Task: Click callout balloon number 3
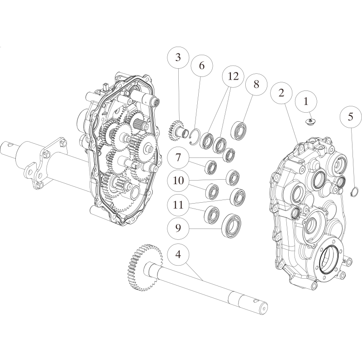[x=178, y=57]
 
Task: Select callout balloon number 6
[x=201, y=66]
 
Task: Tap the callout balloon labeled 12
[x=233, y=76]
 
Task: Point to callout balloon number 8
[x=256, y=85]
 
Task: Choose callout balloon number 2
[x=281, y=93]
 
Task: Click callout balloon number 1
[x=306, y=101]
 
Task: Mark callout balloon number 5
[x=350, y=117]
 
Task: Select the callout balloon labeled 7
[x=178, y=157]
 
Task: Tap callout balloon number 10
[x=178, y=181]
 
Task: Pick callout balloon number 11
[x=178, y=205]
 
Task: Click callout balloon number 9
[x=178, y=228]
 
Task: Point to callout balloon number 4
[x=178, y=255]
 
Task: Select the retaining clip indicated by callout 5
[x=353, y=192]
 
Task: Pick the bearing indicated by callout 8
[x=238, y=130]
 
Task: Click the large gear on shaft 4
[x=145, y=267]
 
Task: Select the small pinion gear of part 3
[x=174, y=131]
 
